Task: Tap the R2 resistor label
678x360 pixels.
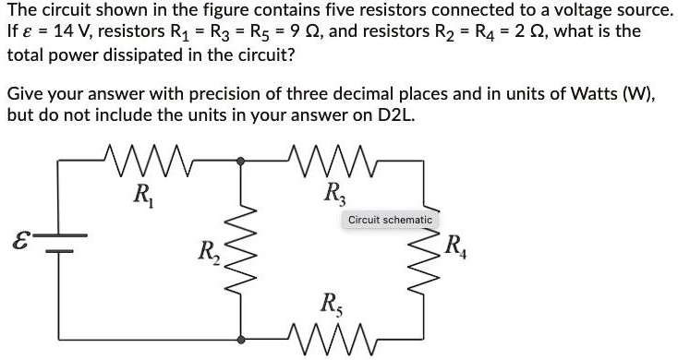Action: point(209,251)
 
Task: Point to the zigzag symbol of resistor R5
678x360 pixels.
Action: point(328,335)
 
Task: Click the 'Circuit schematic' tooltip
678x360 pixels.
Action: point(390,220)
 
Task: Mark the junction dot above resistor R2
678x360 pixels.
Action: point(242,161)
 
